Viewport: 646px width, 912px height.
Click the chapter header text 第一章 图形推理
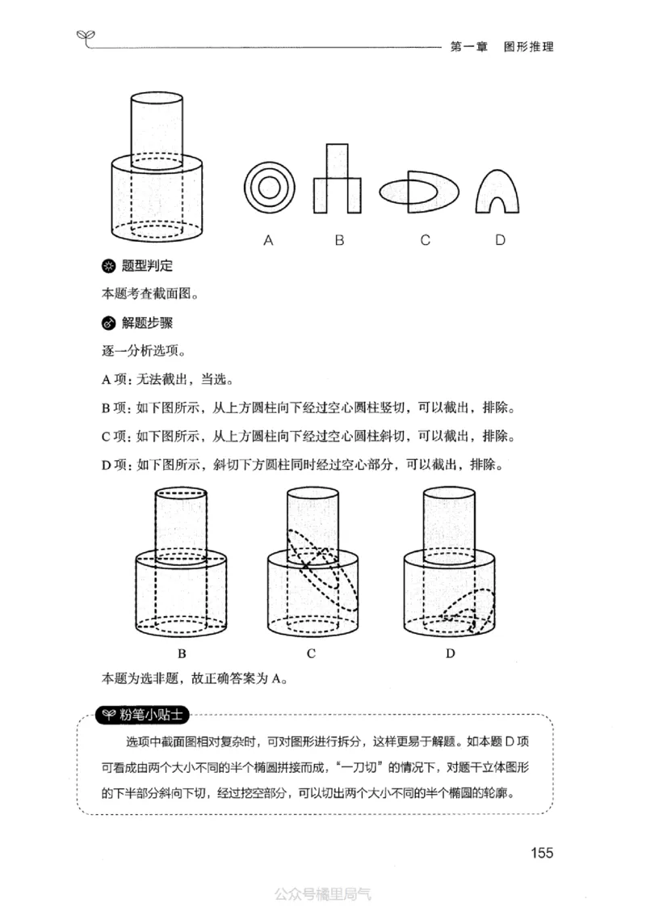pos(500,47)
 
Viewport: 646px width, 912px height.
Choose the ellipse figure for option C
pos(420,192)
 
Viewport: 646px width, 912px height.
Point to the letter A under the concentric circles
pos(268,240)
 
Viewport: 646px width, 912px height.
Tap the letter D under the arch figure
pos(501,240)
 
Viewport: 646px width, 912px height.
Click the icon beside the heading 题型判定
pos(108,266)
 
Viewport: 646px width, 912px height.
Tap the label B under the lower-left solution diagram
pos(182,653)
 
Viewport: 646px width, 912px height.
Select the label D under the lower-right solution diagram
pos(450,653)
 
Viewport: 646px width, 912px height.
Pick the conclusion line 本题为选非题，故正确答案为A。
pos(195,679)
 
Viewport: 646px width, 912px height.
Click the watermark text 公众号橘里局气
pos(322,894)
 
